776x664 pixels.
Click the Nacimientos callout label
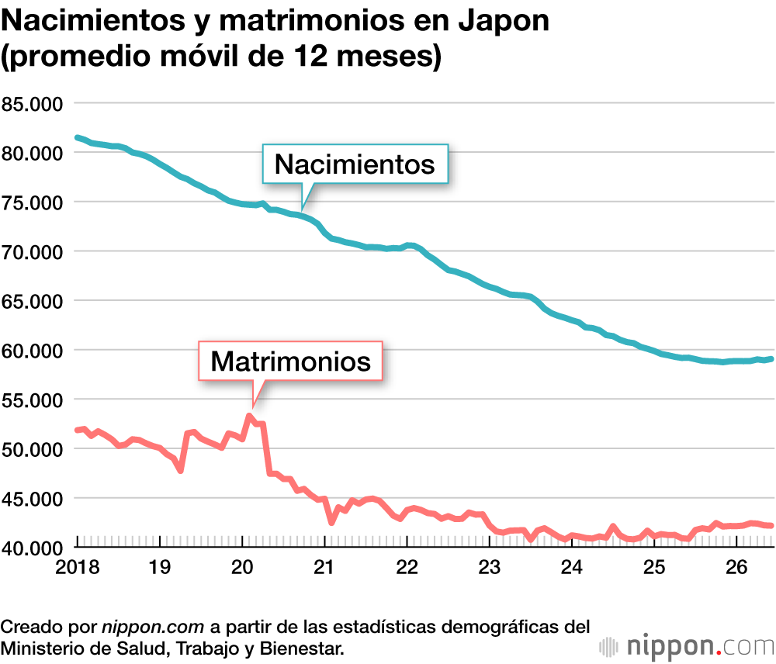click(x=355, y=164)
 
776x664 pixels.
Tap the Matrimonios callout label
click(x=290, y=361)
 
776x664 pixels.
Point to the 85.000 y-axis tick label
click(x=32, y=104)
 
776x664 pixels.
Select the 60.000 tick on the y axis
click(x=32, y=351)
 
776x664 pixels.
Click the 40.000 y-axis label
click(x=32, y=548)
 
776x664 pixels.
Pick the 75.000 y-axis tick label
click(x=32, y=203)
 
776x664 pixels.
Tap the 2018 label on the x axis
click(x=77, y=567)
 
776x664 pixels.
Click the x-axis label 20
click(x=242, y=567)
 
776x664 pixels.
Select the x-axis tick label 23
click(x=489, y=567)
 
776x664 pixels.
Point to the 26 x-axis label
click(x=736, y=567)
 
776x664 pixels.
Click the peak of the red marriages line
click(x=249, y=416)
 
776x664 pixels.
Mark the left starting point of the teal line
click(x=77, y=137)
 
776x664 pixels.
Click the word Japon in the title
click(x=504, y=21)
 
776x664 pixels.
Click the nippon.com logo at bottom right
click(x=687, y=645)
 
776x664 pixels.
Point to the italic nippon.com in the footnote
click(x=153, y=627)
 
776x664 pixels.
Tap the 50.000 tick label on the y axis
click(x=32, y=449)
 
